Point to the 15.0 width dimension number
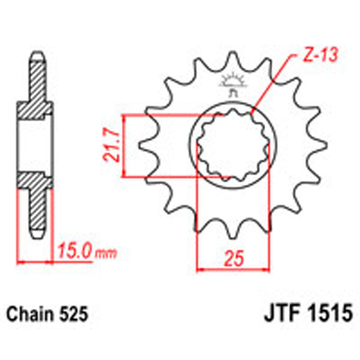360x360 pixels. point(75,250)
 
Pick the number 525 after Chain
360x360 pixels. point(74,314)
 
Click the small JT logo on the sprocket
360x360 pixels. point(232,83)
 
